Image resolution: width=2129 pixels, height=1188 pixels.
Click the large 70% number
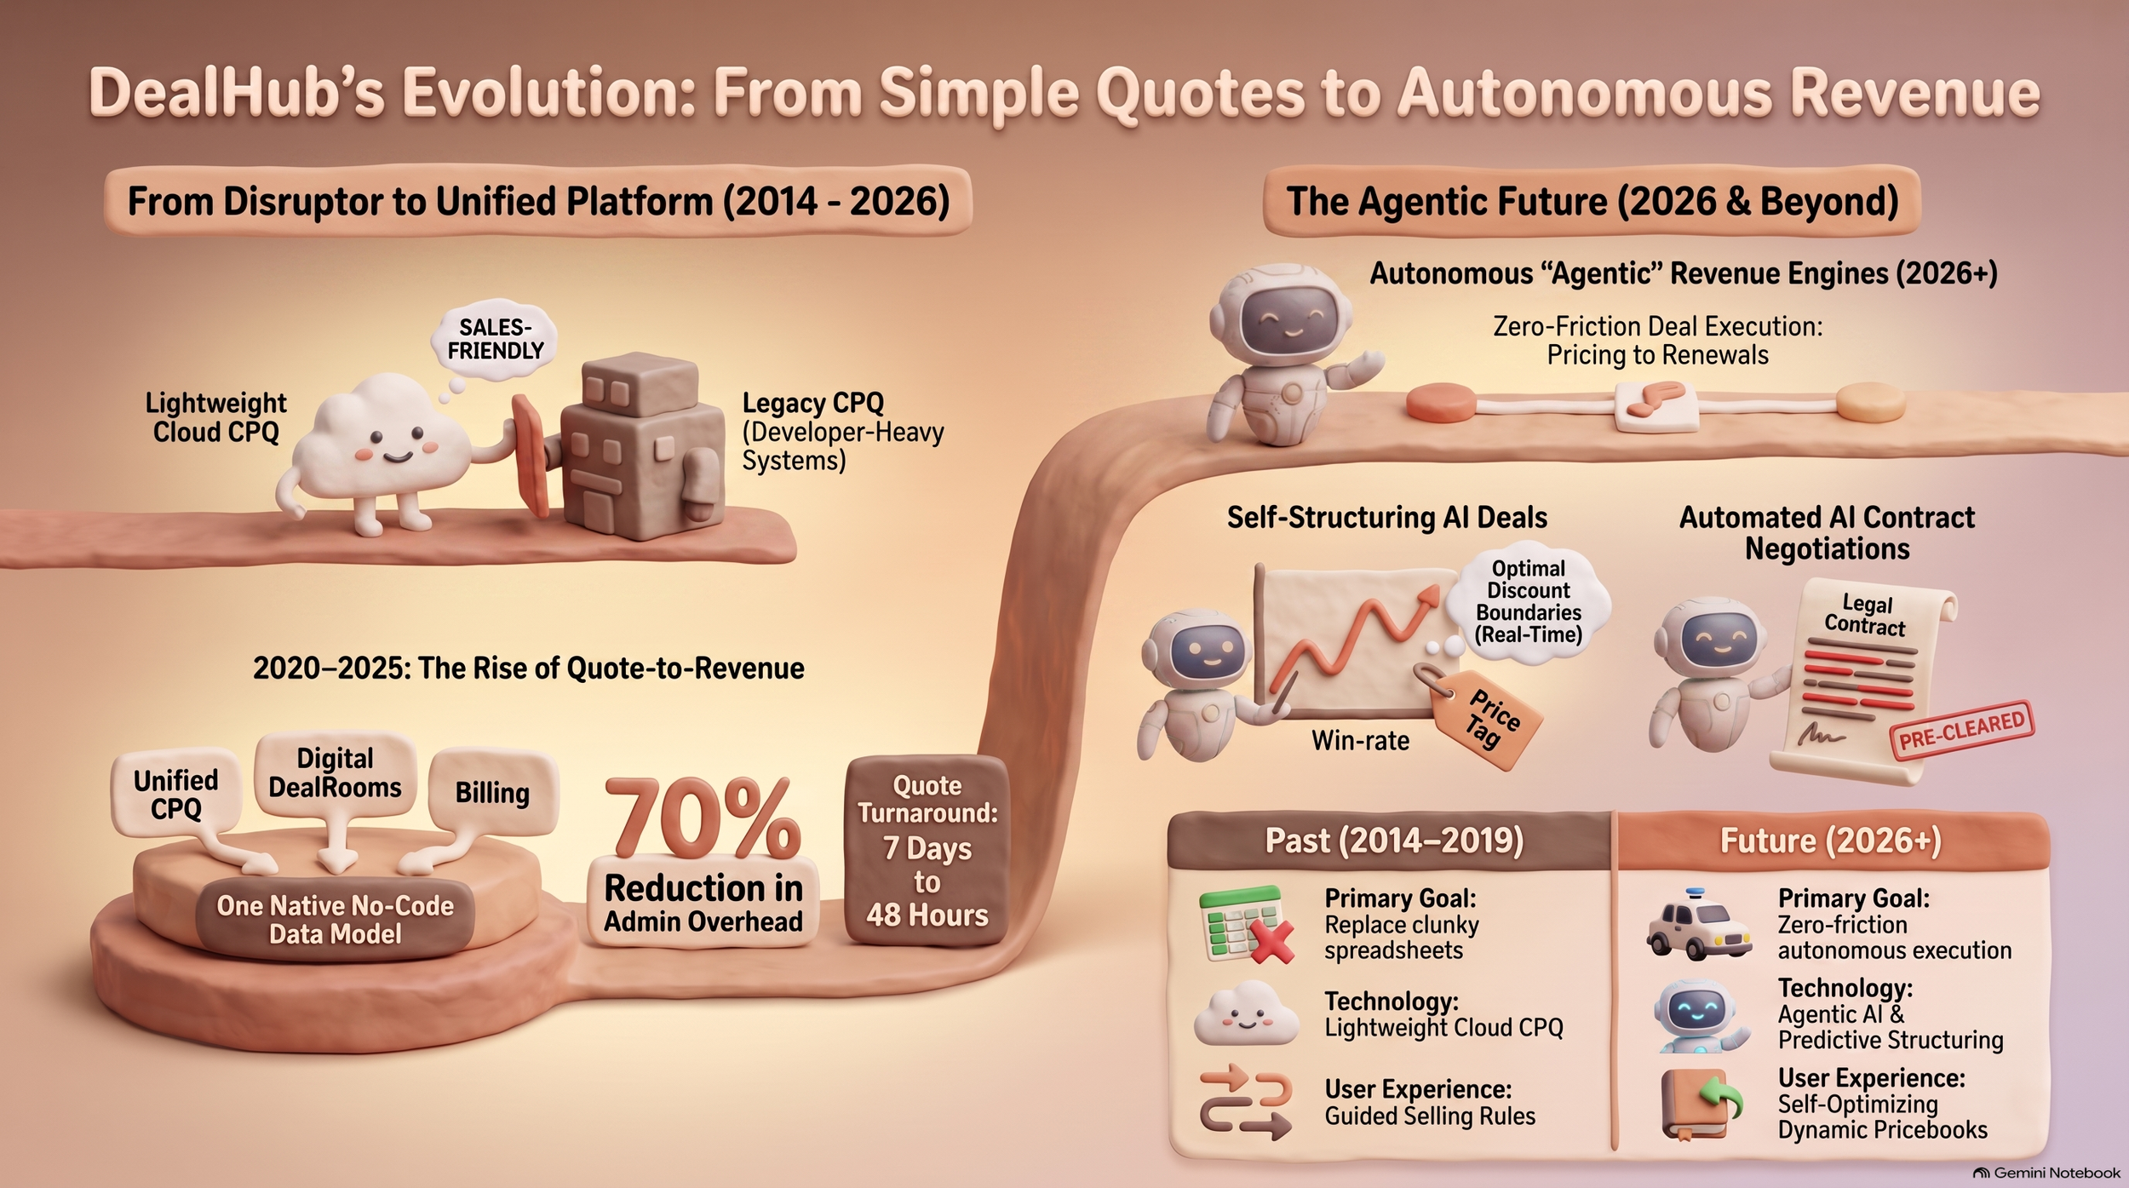[703, 818]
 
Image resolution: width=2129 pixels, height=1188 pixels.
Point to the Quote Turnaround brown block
[927, 849]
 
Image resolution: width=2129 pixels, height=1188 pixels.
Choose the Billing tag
[492, 792]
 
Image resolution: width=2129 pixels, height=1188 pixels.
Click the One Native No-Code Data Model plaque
[335, 920]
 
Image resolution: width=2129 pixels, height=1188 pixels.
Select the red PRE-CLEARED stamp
[1961, 730]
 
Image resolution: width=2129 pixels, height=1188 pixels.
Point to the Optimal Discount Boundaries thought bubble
[1529, 601]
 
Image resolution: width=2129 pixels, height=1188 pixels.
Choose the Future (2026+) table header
[1831, 841]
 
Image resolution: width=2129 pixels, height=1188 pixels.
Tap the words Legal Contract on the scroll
[1865, 615]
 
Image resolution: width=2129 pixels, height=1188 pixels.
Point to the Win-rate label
[1360, 740]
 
